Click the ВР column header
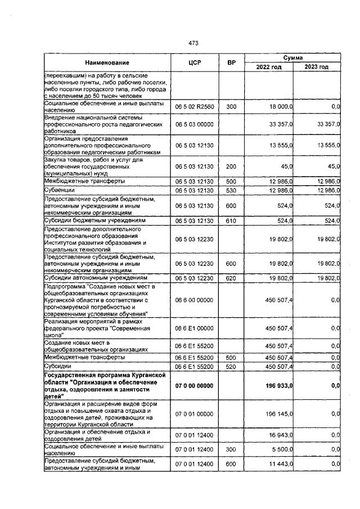pos(231,62)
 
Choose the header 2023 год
pos(316,67)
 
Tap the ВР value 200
pos(231,166)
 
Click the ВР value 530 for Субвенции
pos(231,191)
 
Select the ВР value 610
pos(231,222)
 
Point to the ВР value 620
pos(231,278)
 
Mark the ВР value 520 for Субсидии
pos(231,367)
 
